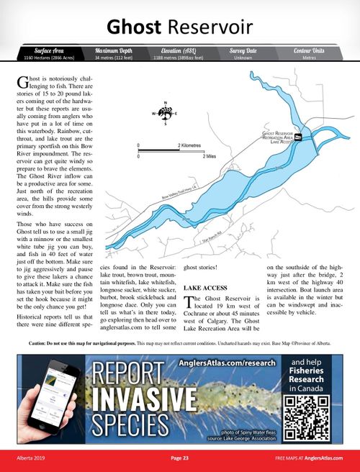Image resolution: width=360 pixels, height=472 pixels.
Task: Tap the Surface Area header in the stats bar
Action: (x=44, y=50)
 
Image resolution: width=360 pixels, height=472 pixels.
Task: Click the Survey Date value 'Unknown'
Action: (x=243, y=57)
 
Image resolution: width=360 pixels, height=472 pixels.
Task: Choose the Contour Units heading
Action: (x=309, y=50)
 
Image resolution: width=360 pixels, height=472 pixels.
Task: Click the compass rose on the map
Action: (x=165, y=114)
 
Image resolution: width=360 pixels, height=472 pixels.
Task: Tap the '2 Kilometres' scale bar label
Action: (x=189, y=145)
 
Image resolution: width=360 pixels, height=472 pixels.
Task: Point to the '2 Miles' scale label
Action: (x=210, y=156)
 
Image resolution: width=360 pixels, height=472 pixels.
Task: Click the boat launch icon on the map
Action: (x=297, y=137)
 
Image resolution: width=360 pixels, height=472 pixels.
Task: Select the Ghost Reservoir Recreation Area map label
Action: (x=276, y=137)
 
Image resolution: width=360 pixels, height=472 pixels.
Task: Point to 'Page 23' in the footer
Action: (x=180, y=458)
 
